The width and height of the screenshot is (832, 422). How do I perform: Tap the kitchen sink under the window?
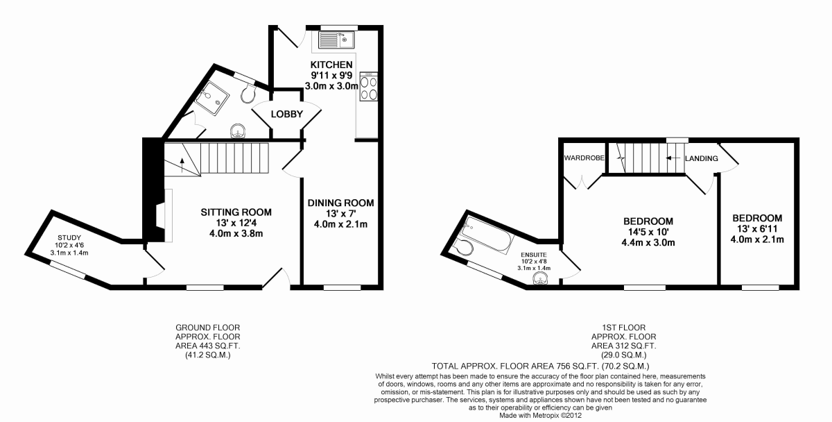point(336,40)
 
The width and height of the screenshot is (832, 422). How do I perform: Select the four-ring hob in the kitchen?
point(369,87)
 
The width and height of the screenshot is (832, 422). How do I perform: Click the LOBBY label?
point(287,114)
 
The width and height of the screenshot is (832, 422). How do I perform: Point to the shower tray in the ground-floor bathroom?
point(212,96)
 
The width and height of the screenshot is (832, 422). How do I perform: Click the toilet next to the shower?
point(248,93)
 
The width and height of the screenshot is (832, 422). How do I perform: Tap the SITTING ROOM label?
point(236,212)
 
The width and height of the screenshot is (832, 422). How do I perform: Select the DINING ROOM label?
point(340,203)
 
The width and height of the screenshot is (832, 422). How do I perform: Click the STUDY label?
point(69,238)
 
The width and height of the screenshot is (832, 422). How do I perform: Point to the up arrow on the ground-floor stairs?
point(182,165)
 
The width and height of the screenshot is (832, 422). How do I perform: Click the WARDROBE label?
point(584,158)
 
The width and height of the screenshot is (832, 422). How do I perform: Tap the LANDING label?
point(701,159)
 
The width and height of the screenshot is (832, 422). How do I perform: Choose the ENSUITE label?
point(534,255)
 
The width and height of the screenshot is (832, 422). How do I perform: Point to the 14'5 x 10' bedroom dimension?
point(648,233)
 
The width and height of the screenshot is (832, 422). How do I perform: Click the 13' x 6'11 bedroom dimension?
point(757,229)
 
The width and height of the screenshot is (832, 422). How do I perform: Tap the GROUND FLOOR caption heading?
point(207,328)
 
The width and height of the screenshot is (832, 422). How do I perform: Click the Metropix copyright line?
point(540,416)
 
